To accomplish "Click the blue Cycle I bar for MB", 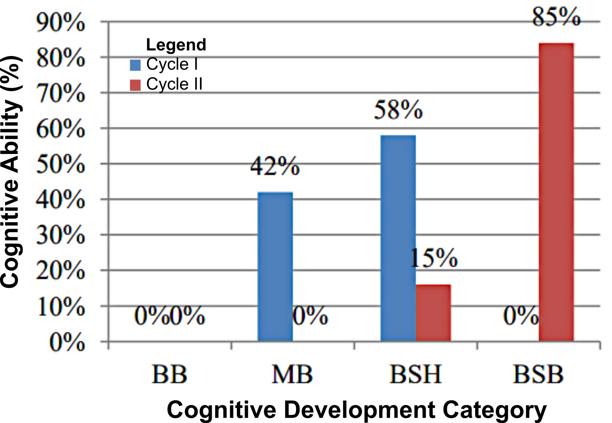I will coord(275,267).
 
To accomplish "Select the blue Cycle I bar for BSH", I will coord(398,238).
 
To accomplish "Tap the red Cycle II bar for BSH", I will coord(433,313).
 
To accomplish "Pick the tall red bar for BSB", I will coord(556,192).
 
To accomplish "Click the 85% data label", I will coord(556,16).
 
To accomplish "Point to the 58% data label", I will coord(398,110).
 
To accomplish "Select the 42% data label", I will coord(275,166).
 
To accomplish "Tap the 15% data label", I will coord(434,258).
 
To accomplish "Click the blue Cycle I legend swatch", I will coord(135,65).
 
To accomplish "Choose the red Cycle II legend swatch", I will coord(135,85).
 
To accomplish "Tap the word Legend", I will coord(176,45).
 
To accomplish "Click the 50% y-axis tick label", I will coord(60,164).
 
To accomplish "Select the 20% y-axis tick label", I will coord(60,271).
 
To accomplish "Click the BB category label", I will coord(169,374).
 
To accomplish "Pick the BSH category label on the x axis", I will coord(415,374).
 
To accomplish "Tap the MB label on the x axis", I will coord(292,374).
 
